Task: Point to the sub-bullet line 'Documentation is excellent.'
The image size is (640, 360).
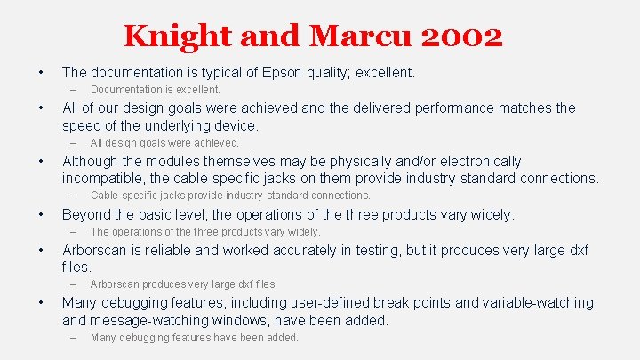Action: pyautogui.click(x=156, y=90)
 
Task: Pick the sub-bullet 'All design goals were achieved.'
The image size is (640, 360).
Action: pyautogui.click(x=164, y=142)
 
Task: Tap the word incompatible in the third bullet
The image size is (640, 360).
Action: pyautogui.click(x=105, y=178)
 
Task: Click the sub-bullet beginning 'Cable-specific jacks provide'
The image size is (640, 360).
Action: pyautogui.click(x=230, y=195)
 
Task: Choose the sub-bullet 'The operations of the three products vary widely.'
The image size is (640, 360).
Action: pyautogui.click(x=205, y=232)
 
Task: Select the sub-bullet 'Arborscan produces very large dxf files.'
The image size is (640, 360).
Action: pyautogui.click(x=184, y=284)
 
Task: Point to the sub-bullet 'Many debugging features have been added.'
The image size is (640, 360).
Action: pyautogui.click(x=194, y=338)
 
